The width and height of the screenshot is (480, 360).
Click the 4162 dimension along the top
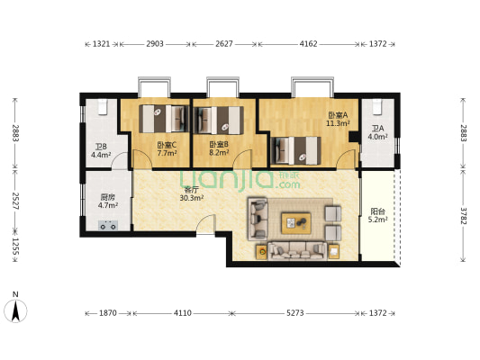[308, 44]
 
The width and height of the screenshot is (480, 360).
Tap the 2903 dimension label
[155, 44]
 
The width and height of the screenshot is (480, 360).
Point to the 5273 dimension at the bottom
[295, 313]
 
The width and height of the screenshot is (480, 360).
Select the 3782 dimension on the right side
[463, 216]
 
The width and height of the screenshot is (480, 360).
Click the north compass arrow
[15, 310]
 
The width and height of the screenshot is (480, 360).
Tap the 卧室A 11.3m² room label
[338, 120]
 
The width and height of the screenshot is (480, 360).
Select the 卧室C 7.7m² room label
[167, 148]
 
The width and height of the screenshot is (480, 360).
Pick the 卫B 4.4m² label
[101, 151]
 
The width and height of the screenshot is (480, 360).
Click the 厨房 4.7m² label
[108, 202]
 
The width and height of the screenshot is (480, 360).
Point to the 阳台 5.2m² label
[377, 215]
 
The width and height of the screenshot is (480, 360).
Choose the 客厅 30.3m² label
[192, 193]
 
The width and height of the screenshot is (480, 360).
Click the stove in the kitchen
[108, 225]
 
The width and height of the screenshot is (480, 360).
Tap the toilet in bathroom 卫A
[377, 107]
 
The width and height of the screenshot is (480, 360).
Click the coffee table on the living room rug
[296, 223]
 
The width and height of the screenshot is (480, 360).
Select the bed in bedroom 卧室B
[219, 121]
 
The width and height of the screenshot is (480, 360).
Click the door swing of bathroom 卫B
[120, 159]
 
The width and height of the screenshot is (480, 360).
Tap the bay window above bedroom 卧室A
[312, 87]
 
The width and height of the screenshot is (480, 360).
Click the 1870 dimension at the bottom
[108, 313]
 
